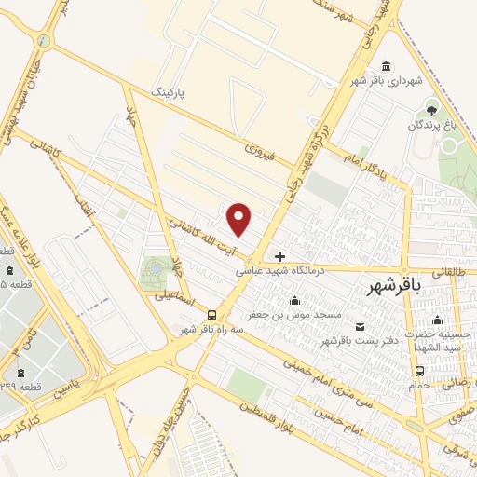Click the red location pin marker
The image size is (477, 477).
240,220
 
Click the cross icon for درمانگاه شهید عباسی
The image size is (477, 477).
279,255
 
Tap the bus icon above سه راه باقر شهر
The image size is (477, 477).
213,314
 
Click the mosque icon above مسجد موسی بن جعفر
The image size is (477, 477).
295,300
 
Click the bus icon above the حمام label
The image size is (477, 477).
419,371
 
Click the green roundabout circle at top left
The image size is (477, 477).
44,40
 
